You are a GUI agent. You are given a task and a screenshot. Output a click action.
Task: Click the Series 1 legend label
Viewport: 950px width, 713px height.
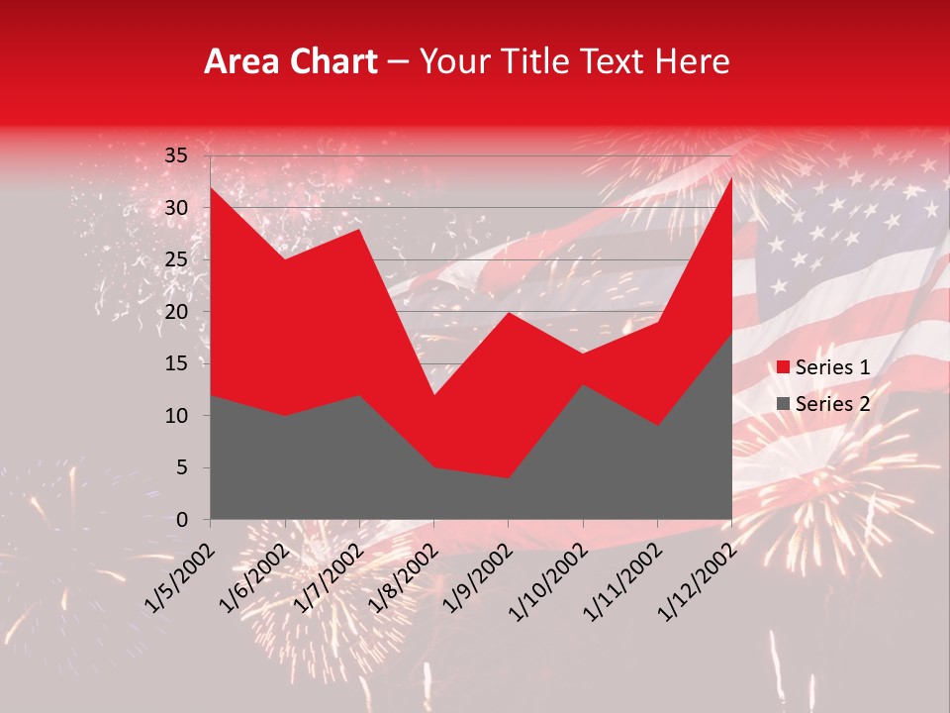tap(832, 367)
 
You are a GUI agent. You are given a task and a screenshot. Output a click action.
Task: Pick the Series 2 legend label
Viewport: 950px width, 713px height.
tap(832, 403)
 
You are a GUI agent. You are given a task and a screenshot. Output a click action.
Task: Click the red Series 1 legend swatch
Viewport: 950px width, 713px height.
tap(783, 367)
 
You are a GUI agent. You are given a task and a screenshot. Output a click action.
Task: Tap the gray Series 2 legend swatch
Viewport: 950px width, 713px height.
tap(783, 403)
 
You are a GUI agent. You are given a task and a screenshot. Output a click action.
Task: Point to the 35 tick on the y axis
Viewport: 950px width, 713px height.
tap(176, 155)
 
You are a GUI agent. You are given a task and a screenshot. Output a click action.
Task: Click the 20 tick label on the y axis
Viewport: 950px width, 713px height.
tap(176, 312)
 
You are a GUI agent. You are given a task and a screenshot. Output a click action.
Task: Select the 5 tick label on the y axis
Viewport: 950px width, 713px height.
tap(181, 467)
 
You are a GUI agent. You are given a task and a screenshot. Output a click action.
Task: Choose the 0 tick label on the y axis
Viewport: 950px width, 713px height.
tap(181, 520)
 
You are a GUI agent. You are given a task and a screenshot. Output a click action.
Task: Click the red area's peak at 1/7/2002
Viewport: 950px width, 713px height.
tap(359, 229)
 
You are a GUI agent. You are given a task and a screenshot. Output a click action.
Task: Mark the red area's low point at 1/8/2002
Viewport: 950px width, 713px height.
tap(433, 395)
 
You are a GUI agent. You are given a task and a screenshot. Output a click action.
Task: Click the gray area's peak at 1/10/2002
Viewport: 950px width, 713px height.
tap(583, 384)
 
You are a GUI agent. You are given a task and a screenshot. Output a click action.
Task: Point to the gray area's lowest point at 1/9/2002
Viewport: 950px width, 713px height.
tap(509, 478)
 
